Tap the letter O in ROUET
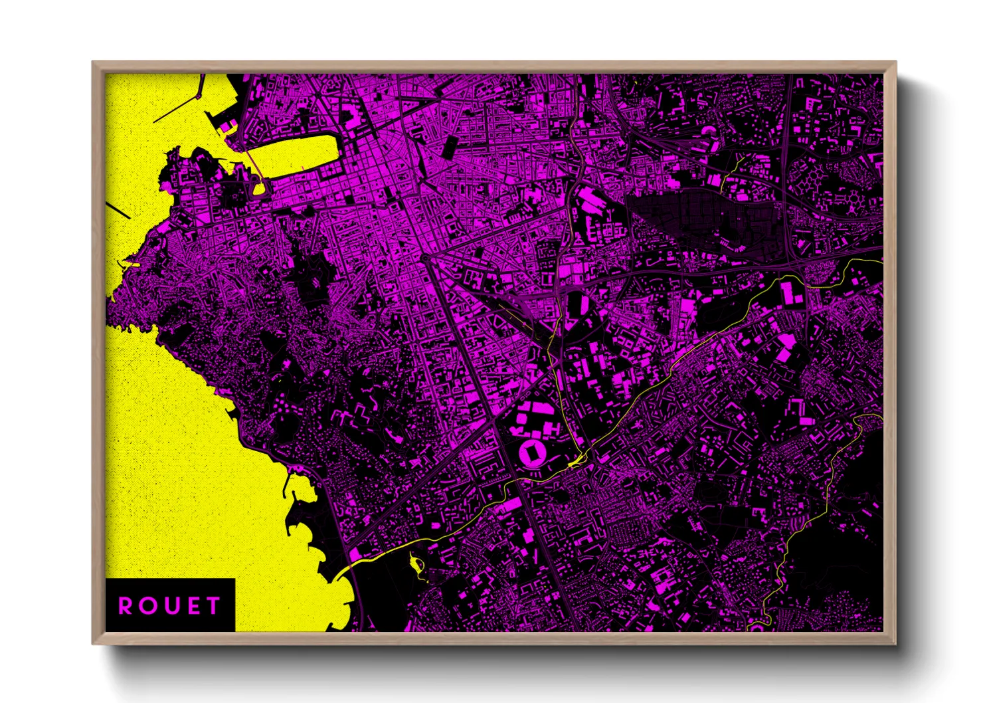click(x=147, y=606)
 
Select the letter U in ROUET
click(x=170, y=606)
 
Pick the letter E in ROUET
click(x=192, y=606)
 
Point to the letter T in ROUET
click(x=213, y=606)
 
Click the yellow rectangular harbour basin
click(x=299, y=155)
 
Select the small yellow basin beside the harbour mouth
click(x=258, y=187)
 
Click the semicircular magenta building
click(x=709, y=130)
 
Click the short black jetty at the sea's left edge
click(x=120, y=210)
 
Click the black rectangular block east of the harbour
click(x=450, y=146)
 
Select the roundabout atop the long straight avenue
click(x=424, y=257)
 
